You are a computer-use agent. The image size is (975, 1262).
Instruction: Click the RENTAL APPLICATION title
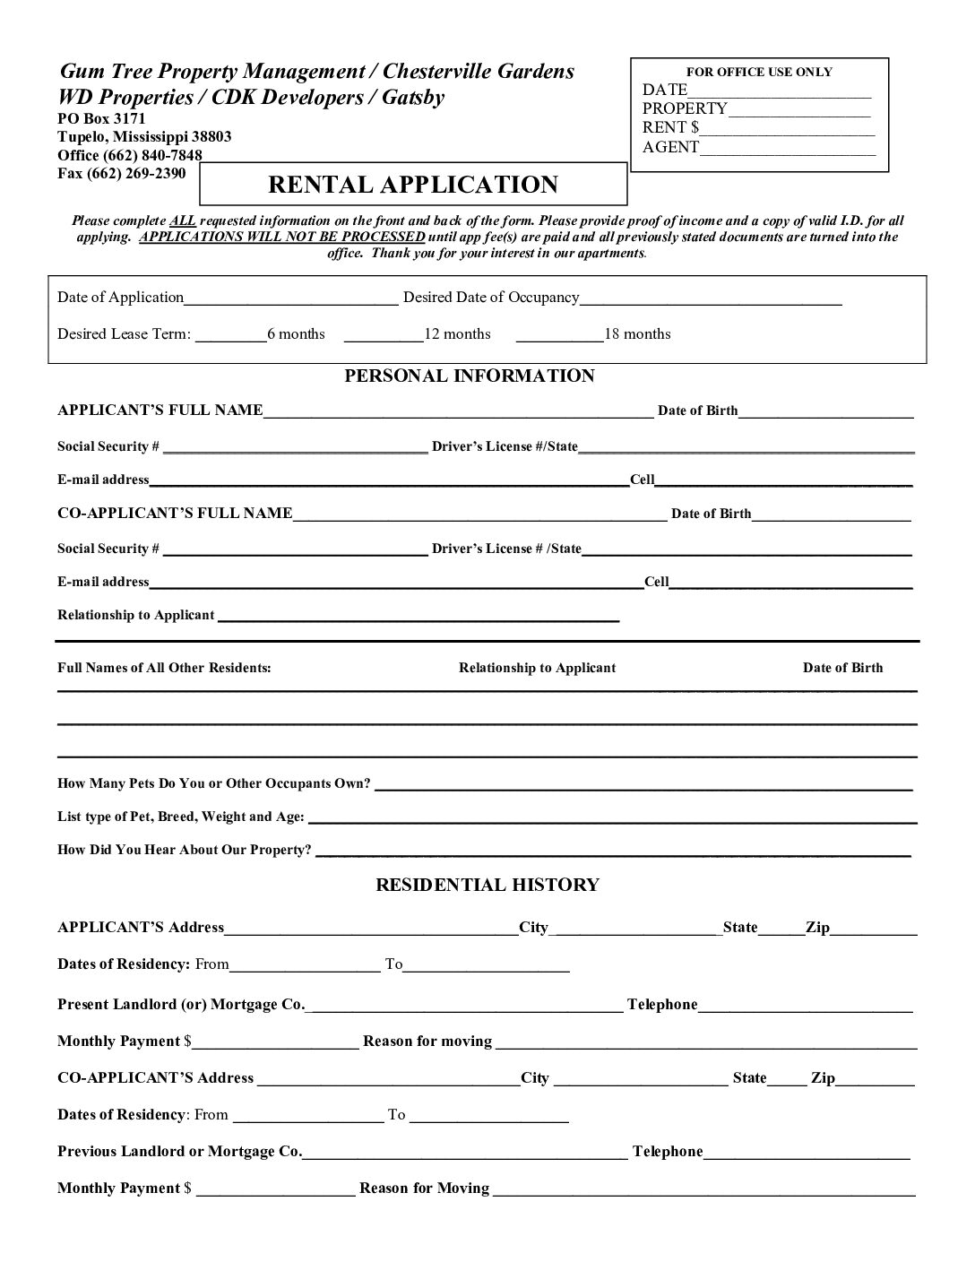tap(413, 185)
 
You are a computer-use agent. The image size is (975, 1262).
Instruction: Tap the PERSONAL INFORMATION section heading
tap(470, 376)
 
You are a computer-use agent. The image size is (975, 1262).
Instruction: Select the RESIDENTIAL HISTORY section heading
tap(487, 885)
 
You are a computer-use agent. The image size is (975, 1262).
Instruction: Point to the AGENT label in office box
tap(670, 147)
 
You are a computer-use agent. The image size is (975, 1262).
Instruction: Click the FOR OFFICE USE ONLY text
tap(759, 72)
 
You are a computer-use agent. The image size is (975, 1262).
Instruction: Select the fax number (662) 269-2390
tap(121, 173)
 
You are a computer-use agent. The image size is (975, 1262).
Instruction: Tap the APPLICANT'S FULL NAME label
tap(160, 411)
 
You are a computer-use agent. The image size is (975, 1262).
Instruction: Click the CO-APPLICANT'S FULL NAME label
tap(175, 514)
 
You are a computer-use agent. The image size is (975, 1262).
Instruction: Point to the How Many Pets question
tap(213, 783)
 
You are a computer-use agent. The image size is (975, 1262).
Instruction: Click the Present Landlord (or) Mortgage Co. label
tap(181, 1005)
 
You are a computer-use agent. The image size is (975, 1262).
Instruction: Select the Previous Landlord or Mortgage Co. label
tap(179, 1152)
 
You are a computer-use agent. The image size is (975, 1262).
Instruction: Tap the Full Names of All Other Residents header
tap(164, 668)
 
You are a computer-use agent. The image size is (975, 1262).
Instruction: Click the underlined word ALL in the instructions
tap(183, 220)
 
